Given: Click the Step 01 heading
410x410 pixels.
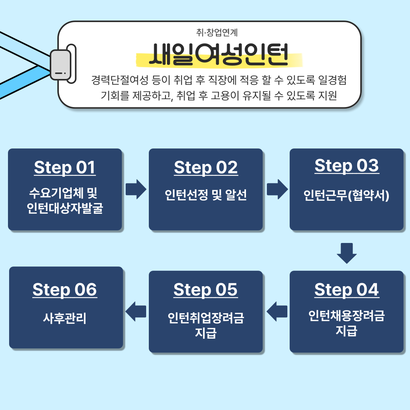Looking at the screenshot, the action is (65, 167).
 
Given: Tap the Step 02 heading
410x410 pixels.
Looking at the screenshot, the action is (206, 167).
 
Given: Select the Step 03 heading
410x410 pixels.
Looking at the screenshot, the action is (347, 166).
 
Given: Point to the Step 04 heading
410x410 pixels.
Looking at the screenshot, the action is (347, 290).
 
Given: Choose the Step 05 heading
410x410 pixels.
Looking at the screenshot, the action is (205, 290).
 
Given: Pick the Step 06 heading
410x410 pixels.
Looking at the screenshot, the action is (65, 290).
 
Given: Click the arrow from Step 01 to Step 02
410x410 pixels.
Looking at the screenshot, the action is (136, 189).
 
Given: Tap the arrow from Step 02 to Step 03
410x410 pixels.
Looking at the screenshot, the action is (277, 189).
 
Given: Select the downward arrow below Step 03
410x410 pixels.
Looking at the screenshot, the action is (347, 253).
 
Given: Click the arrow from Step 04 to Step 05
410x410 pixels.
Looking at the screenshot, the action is (277, 311).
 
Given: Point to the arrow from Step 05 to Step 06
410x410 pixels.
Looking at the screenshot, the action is (136, 311).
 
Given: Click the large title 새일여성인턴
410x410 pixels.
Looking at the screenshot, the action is (219, 54).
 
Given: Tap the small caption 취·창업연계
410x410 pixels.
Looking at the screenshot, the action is (217, 33).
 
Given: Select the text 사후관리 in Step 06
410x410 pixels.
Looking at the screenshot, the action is (65, 318).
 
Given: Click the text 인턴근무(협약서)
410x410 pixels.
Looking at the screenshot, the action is (347, 196).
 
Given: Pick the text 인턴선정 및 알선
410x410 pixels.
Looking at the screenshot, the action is (206, 195).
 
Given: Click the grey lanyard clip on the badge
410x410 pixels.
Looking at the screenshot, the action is (61, 65).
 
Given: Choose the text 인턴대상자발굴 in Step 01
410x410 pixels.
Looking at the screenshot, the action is (65, 208).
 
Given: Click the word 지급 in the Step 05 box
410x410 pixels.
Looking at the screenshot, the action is (206, 333).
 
